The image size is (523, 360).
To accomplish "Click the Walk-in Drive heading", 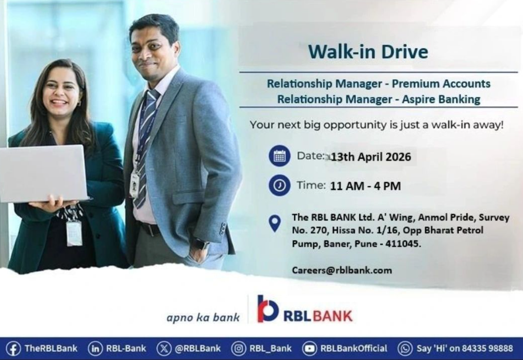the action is click(368, 51).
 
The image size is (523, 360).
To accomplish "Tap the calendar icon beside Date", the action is click(279, 156).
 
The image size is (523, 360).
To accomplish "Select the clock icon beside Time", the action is click(279, 185).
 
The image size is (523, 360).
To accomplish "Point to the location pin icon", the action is click(275, 223).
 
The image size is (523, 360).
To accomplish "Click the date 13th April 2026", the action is click(371, 157).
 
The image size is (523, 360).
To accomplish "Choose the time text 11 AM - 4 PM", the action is click(365, 186).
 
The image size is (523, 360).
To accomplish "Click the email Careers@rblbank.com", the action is click(342, 270).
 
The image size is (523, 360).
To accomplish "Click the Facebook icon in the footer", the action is click(14, 349).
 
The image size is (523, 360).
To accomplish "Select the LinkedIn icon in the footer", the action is click(95, 349).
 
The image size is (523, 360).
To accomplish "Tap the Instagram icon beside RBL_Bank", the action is click(239, 349).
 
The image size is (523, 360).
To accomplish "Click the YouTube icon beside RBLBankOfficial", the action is click(309, 349).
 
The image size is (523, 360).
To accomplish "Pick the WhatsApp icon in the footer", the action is click(405, 349).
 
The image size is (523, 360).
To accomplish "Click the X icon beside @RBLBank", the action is click(164, 349).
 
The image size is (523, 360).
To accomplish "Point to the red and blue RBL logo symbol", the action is click(268, 309).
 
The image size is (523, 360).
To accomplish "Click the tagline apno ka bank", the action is click(203, 317).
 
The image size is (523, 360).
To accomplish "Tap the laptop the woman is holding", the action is click(44, 174).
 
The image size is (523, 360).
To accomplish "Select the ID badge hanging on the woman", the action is click(74, 233).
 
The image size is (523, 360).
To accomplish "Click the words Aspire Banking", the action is click(441, 99).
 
